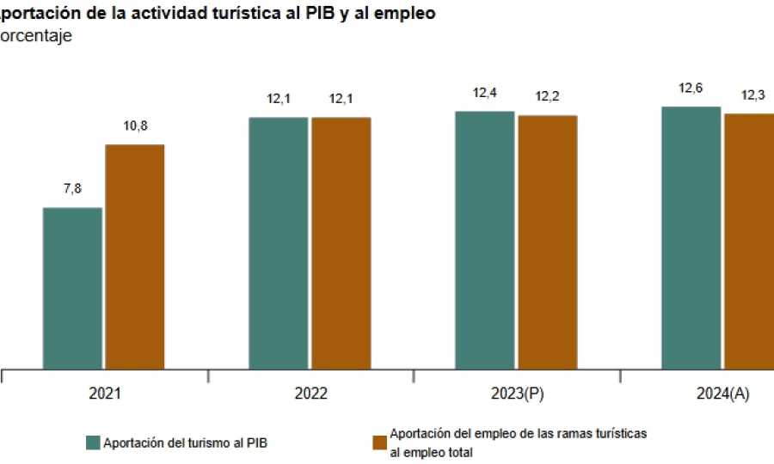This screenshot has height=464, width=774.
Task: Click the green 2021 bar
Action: [73, 289]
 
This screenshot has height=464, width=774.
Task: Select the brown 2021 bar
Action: [135, 257]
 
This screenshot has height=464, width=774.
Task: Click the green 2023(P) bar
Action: [485, 241]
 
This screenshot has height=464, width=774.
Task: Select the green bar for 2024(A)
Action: [691, 238]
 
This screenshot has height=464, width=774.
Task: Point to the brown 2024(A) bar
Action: [750, 241]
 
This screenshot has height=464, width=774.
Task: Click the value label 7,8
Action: [73, 189]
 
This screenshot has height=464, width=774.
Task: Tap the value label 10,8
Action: [135, 126]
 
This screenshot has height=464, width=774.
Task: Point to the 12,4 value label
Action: [485, 93]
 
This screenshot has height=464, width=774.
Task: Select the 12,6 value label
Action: [691, 88]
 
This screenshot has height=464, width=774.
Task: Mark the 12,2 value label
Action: [548, 96]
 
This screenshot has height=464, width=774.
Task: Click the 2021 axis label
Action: [104, 394]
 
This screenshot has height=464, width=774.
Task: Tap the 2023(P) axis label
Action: [518, 394]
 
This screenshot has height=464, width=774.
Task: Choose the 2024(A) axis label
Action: [723, 394]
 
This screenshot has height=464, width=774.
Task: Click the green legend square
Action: [94, 443]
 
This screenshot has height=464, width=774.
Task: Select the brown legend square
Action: [379, 443]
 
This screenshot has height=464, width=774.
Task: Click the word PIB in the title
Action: [322, 13]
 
